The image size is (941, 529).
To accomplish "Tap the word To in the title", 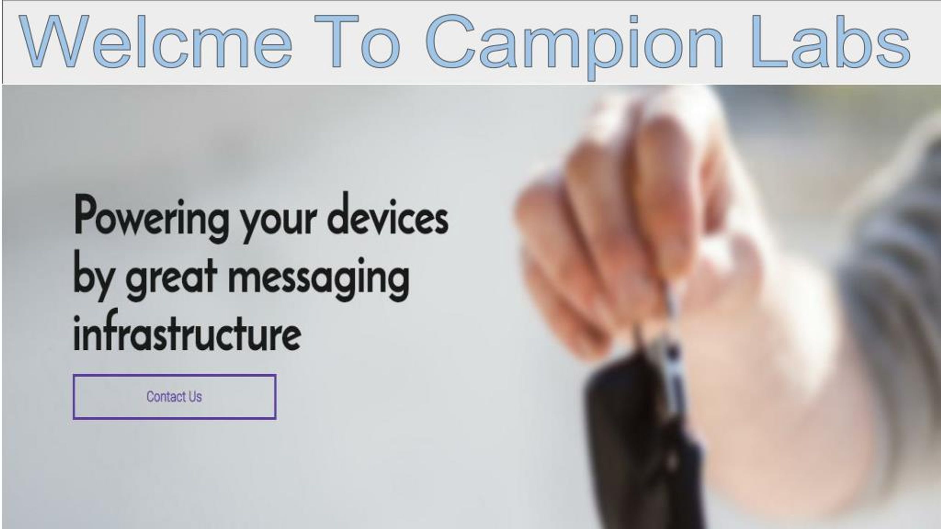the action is click(x=357, y=41).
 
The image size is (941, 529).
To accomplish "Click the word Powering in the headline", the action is click(x=151, y=219).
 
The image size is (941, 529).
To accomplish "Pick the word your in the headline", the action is click(x=278, y=220).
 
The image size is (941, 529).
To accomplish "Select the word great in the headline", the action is click(x=171, y=281).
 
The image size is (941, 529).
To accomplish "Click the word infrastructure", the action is click(x=187, y=331).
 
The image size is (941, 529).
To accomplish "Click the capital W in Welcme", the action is click(x=54, y=42).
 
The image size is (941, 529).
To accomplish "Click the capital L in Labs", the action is click(x=766, y=42).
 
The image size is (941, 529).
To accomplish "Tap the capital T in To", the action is click(x=336, y=42).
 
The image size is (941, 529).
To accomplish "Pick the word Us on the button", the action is click(x=195, y=397).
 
